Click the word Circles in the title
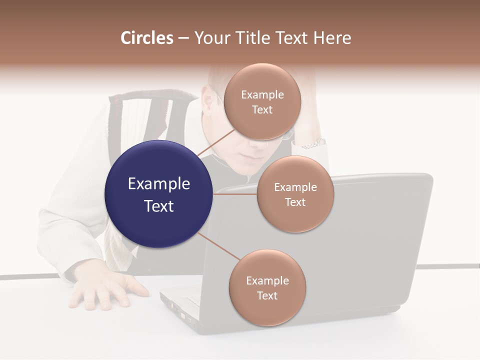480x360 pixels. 147,38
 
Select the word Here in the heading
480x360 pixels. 332,38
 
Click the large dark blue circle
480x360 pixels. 158,194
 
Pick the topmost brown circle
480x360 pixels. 262,101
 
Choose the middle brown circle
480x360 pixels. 295,194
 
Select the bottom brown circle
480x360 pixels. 267,287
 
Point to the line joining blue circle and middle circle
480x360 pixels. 235,194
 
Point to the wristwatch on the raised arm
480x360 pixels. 314,144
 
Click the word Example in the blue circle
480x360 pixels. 158,184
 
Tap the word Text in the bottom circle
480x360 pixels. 267,295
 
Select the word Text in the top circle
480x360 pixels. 262,109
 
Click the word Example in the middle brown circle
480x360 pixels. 295,187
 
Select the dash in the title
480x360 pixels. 183,38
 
